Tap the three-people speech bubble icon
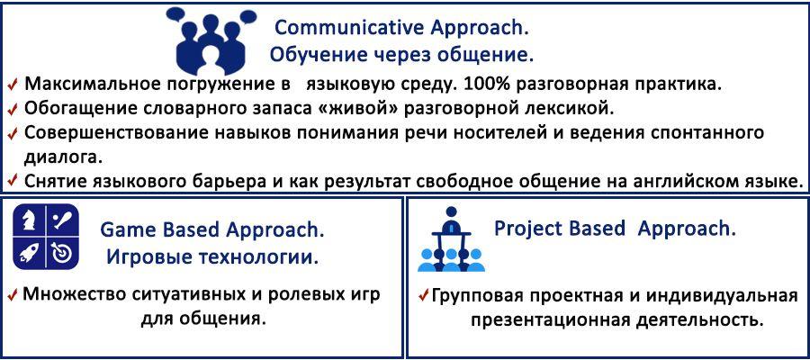tap(211, 42)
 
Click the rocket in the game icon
tap(28, 253)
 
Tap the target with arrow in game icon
tap(62, 254)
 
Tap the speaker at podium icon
tap(451, 239)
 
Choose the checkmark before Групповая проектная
tap(424, 296)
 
